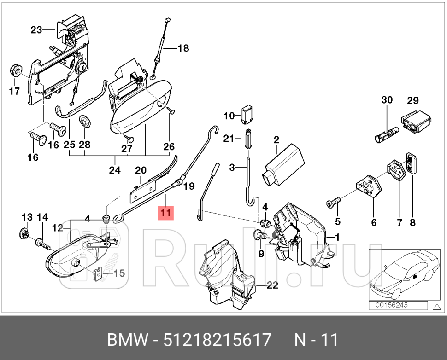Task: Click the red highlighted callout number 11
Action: (x=165, y=213)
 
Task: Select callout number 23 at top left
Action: (x=36, y=30)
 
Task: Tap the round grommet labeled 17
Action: (x=16, y=70)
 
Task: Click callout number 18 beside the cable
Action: (x=183, y=48)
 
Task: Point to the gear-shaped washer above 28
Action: (x=85, y=122)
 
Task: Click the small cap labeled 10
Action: (x=247, y=113)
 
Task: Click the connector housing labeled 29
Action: (x=417, y=120)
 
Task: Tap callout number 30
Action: (x=387, y=100)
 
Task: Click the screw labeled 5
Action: (x=334, y=202)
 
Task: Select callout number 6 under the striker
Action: (x=373, y=222)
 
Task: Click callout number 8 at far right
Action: (x=412, y=222)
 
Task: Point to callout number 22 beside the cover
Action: (x=272, y=285)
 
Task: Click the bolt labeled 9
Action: (x=259, y=236)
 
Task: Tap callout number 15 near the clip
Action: (x=118, y=273)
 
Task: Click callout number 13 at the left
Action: (x=27, y=217)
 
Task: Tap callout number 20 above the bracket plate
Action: (x=140, y=170)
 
